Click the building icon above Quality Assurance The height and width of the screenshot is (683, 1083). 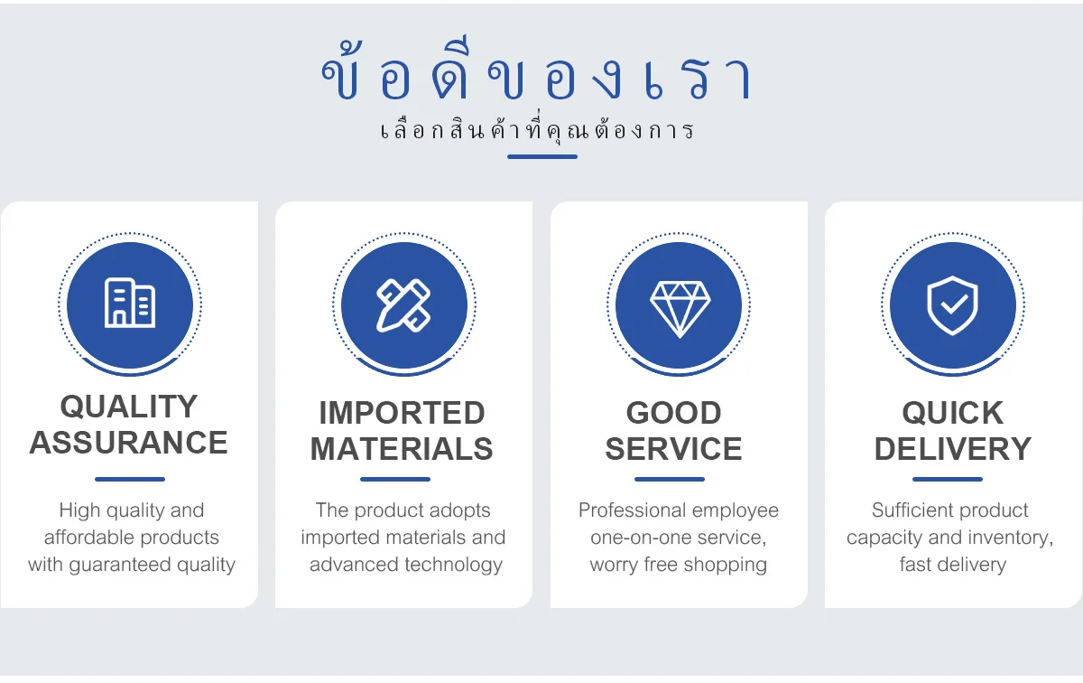pyautogui.click(x=130, y=303)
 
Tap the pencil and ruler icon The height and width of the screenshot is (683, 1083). pyautogui.click(x=403, y=305)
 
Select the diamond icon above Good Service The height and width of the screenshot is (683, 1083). pyautogui.click(x=680, y=309)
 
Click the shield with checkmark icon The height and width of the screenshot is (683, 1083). pyautogui.click(x=952, y=305)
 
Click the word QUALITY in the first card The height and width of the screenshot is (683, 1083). pyautogui.click(x=128, y=407)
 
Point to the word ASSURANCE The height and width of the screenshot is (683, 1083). pyautogui.click(x=128, y=443)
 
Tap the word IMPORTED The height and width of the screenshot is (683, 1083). pyautogui.click(x=403, y=413)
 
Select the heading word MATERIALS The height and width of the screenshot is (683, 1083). pyautogui.click(x=402, y=449)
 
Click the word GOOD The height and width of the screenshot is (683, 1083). pyautogui.click(x=673, y=413)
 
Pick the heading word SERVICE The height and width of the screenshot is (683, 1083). pyautogui.click(x=673, y=449)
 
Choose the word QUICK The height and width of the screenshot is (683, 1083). pyautogui.click(x=953, y=413)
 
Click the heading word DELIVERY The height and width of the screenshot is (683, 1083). pyautogui.click(x=953, y=449)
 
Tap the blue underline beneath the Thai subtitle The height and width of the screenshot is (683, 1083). pyautogui.click(x=542, y=157)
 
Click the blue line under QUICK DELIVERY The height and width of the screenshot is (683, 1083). pyautogui.click(x=948, y=479)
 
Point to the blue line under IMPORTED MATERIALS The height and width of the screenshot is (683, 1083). pyautogui.click(x=395, y=479)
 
